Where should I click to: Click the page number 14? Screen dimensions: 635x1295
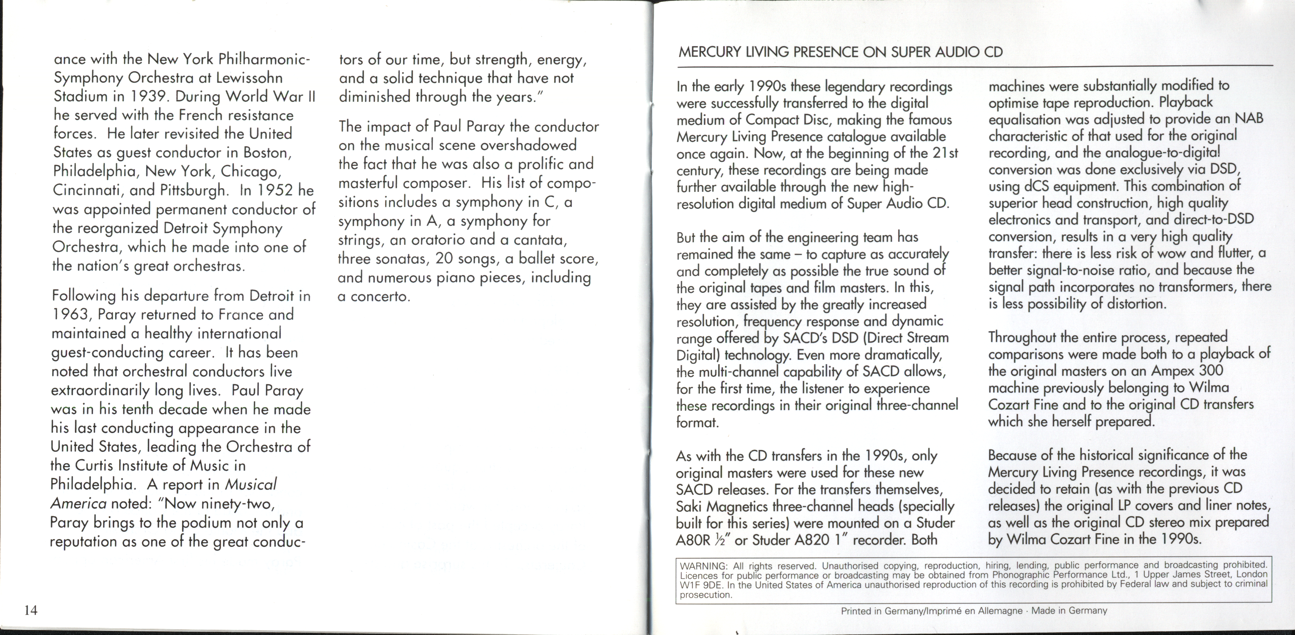[x=31, y=610]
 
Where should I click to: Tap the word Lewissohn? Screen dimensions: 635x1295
[x=249, y=78]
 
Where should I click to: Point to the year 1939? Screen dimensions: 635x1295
[x=149, y=96]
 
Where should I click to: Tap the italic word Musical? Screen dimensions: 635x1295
[x=250, y=485]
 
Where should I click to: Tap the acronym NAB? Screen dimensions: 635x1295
[x=1249, y=119]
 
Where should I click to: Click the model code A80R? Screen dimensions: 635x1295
[x=693, y=540]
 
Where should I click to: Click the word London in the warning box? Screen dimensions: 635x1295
[x=1252, y=574]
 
